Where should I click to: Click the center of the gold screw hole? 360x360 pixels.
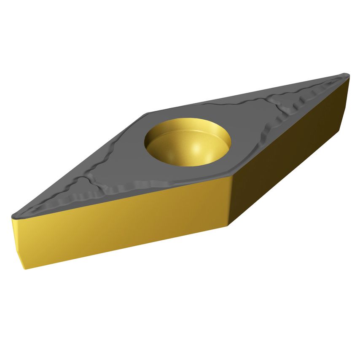[x=188, y=141]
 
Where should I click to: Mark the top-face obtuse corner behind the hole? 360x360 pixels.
[x=147, y=113]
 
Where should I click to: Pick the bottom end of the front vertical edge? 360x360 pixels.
[x=230, y=224]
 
